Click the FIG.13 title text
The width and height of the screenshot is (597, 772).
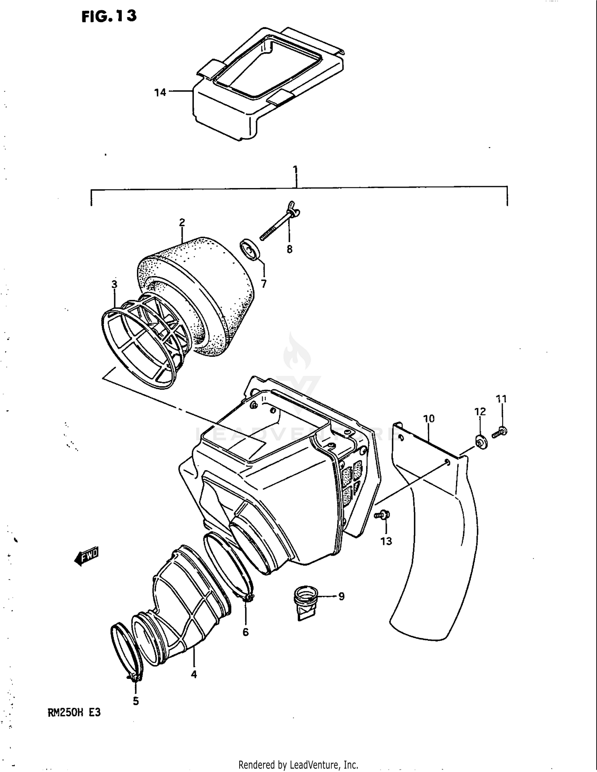tap(109, 16)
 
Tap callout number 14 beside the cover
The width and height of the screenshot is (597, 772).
tap(160, 93)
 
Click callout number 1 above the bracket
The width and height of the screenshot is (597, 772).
tap(295, 169)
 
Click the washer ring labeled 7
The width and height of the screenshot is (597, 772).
tap(250, 250)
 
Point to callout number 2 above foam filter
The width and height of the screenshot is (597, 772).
tap(182, 222)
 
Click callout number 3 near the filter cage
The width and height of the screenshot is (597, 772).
tap(114, 284)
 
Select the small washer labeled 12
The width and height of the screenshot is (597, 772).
tap(481, 442)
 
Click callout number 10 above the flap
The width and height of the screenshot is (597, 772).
tap(429, 418)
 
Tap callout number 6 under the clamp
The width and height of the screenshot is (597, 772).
tap(246, 632)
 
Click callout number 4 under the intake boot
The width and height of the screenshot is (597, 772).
tap(194, 674)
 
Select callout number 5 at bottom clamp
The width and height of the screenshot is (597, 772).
tap(136, 701)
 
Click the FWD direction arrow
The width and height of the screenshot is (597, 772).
tap(86, 556)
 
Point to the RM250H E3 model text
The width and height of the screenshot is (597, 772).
tap(74, 713)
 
